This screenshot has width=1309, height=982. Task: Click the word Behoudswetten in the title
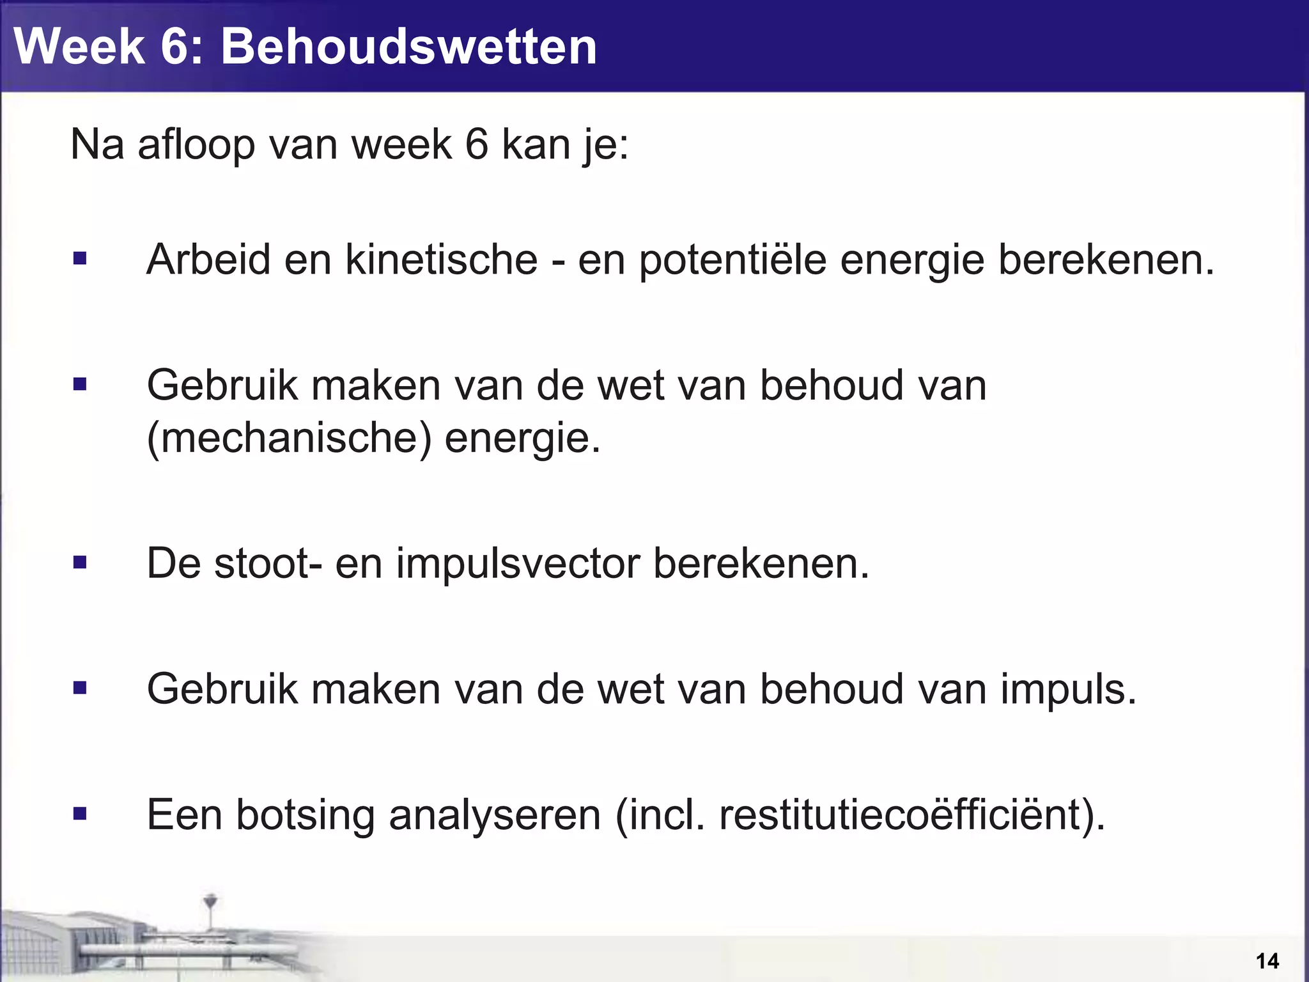[409, 46]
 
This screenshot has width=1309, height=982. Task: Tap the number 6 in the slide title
[174, 46]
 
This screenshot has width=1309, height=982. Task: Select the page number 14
[1267, 961]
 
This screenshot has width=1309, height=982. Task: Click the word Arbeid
[208, 260]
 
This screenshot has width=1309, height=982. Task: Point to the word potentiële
[733, 261]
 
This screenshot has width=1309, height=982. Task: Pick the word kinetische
[442, 260]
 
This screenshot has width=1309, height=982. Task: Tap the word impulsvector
[518, 564]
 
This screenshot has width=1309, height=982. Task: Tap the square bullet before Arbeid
[80, 259]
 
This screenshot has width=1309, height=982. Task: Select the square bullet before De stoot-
[80, 563]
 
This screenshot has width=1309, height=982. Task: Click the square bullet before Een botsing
[80, 814]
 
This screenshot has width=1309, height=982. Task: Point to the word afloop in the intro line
[196, 144]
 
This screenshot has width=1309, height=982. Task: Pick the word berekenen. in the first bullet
[1106, 260]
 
